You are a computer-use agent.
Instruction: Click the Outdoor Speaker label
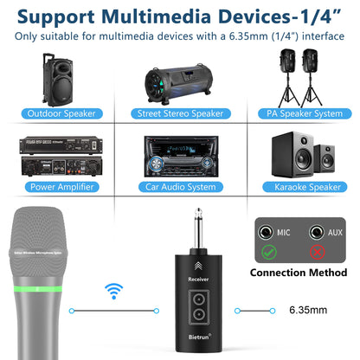tap(62, 113)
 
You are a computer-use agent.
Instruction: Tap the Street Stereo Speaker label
tap(180, 113)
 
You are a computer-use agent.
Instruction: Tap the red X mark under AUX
tap(318, 252)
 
